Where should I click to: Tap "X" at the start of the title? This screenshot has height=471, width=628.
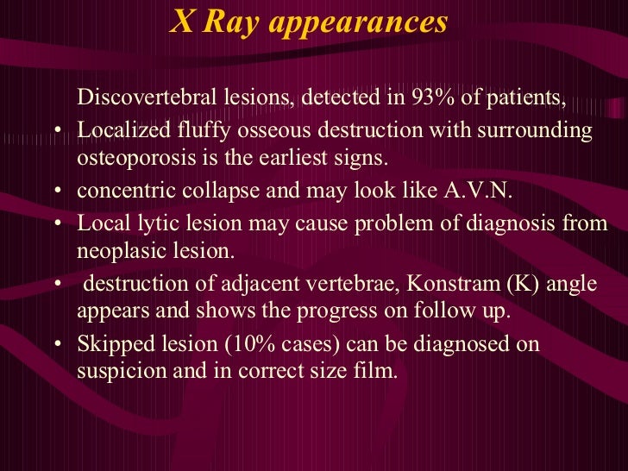click(x=181, y=22)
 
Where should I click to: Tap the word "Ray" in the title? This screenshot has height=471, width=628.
click(x=232, y=22)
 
